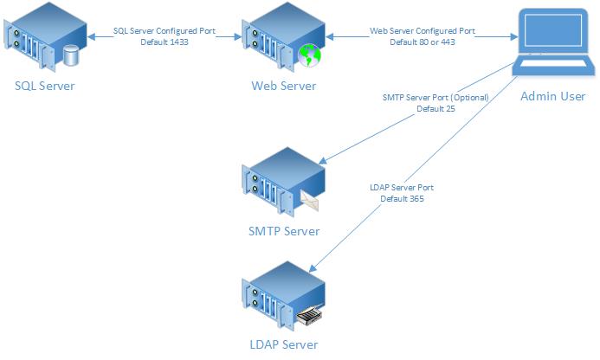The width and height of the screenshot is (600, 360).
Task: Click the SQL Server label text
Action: (x=44, y=86)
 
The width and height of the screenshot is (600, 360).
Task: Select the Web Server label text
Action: (x=284, y=86)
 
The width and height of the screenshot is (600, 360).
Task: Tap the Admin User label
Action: (x=552, y=96)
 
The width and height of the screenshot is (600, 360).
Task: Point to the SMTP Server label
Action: (x=284, y=231)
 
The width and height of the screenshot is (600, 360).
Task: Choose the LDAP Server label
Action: (x=284, y=344)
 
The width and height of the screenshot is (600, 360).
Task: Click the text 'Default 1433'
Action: (x=165, y=41)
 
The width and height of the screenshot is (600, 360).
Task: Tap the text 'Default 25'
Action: (x=435, y=109)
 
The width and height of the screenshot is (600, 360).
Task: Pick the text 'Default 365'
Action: (x=401, y=198)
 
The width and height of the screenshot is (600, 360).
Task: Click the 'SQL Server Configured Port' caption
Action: (x=165, y=30)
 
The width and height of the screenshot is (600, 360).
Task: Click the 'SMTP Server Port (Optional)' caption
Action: (x=435, y=98)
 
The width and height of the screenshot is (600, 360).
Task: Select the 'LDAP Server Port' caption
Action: (x=401, y=187)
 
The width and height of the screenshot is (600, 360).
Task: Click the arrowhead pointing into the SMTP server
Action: (x=322, y=161)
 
